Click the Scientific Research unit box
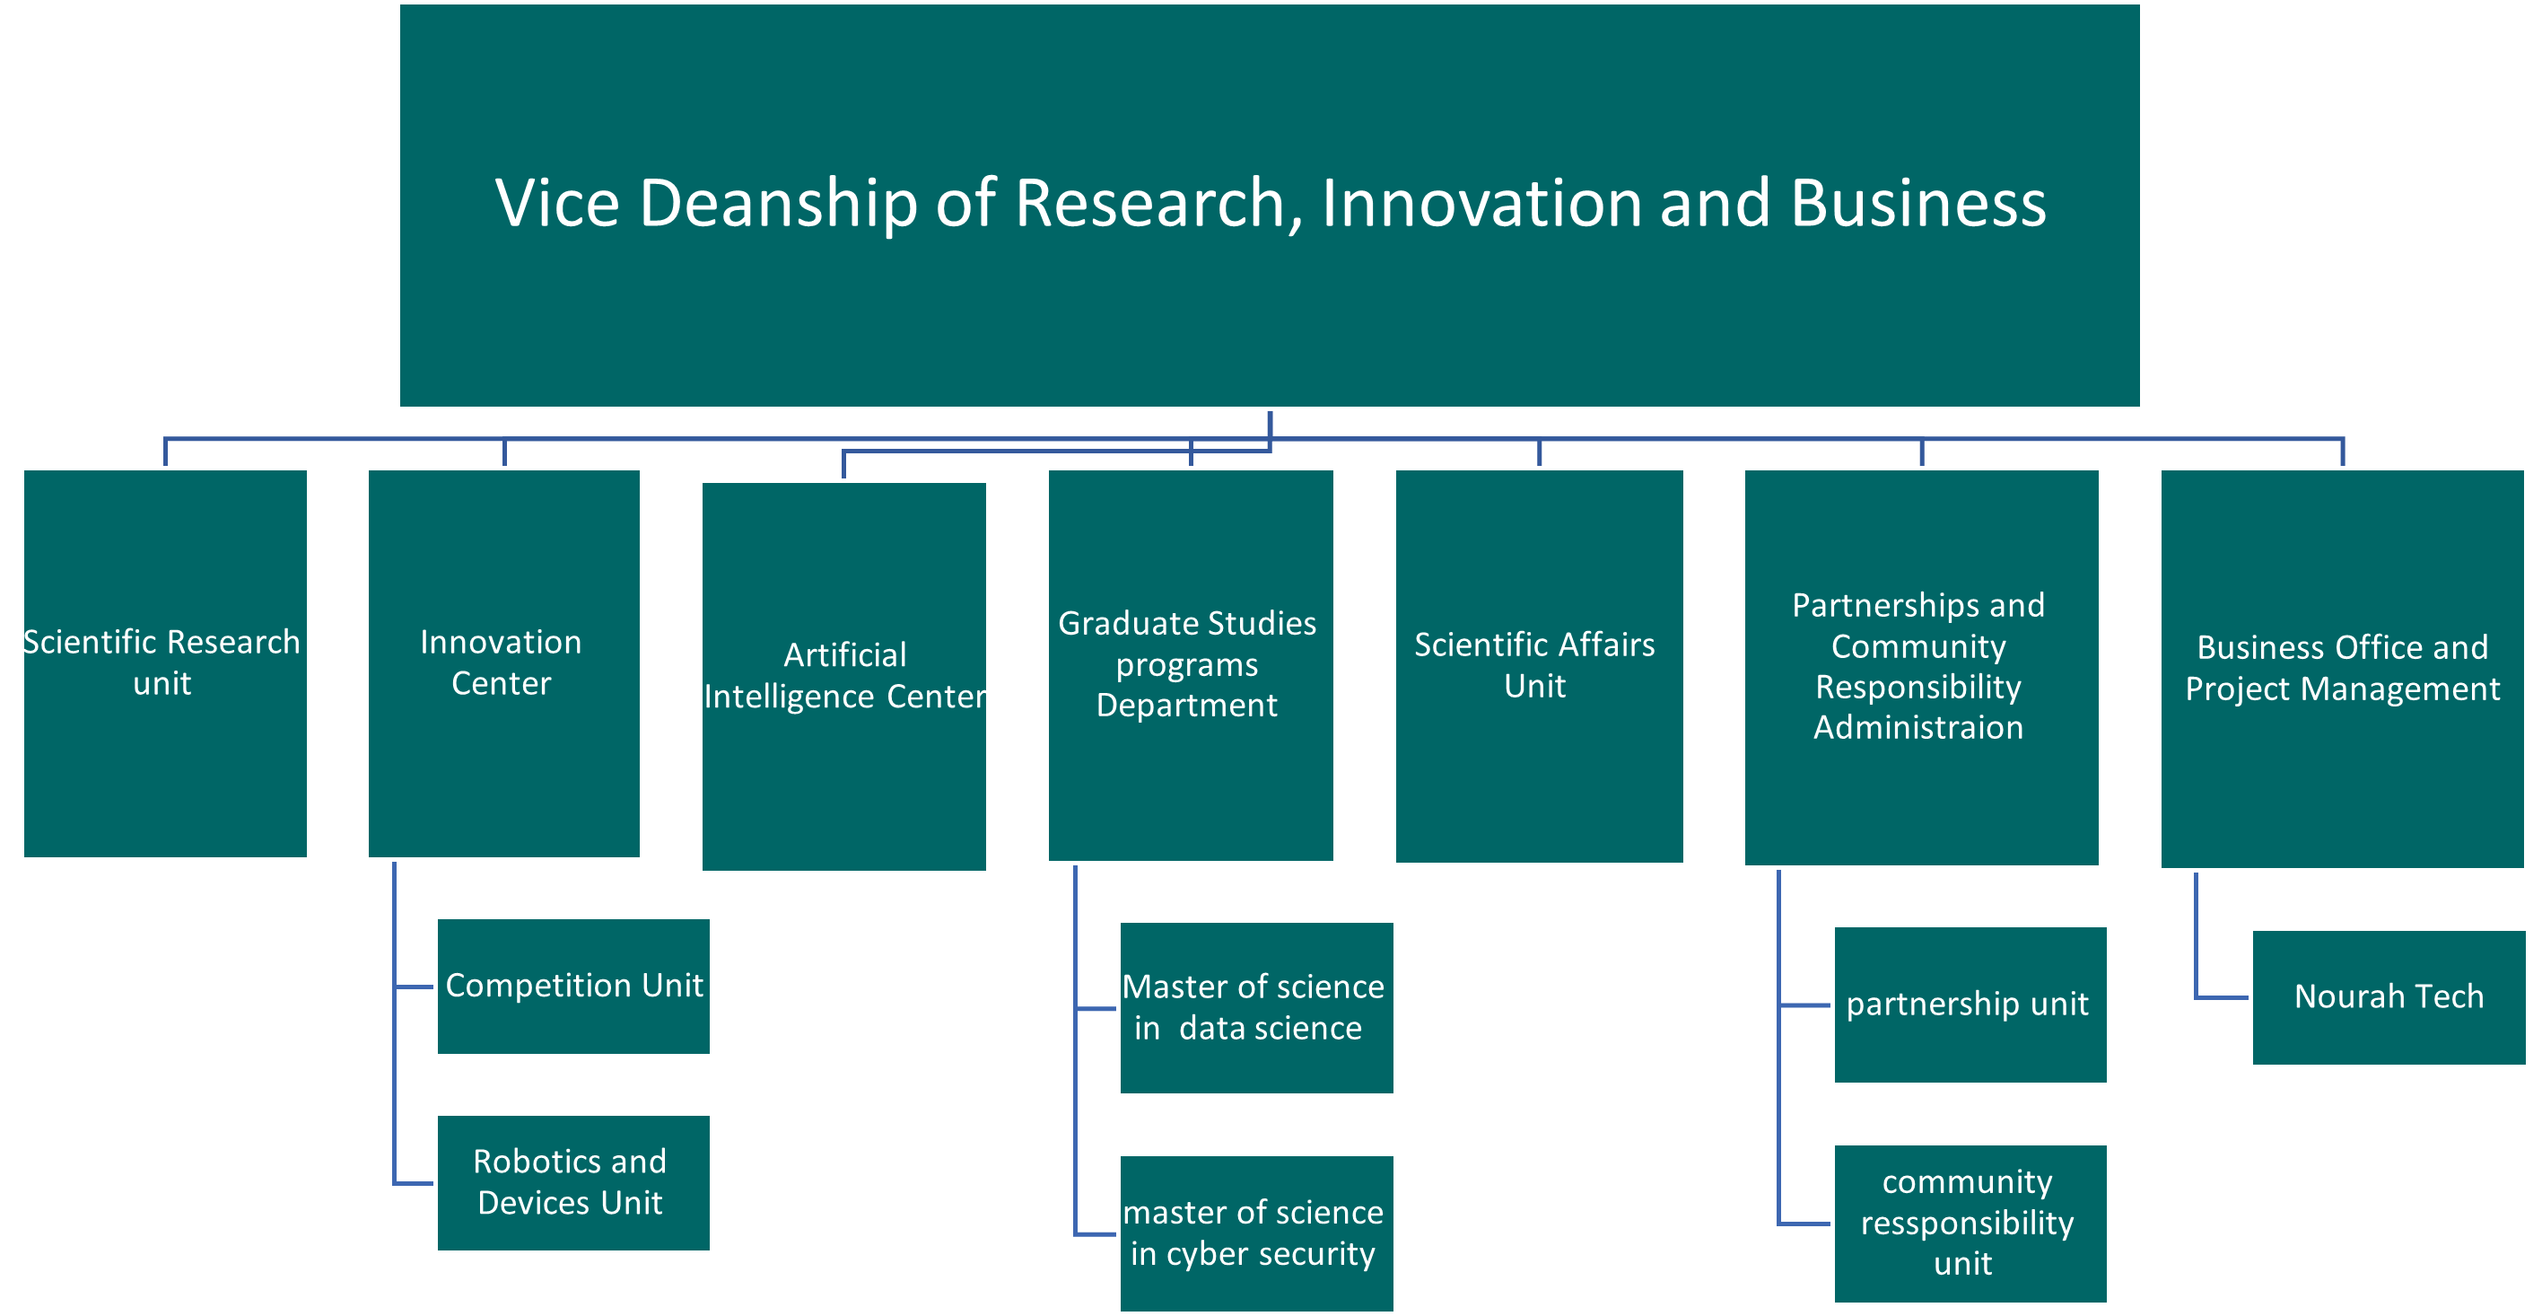[x=165, y=663]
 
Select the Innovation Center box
[x=503, y=663]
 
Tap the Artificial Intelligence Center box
[x=843, y=676]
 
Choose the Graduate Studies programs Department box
[x=1190, y=665]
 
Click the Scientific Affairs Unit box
[x=1539, y=666]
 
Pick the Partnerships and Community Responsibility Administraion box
[x=1920, y=667]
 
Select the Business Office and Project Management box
[x=2342, y=669]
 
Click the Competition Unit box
[x=573, y=987]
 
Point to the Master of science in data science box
[x=1255, y=1008]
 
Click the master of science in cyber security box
[x=1255, y=1233]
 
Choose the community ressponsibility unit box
[x=1970, y=1224]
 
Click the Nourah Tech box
[x=2388, y=997]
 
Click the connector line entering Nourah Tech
[x=2222, y=997]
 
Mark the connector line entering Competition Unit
[x=415, y=987]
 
